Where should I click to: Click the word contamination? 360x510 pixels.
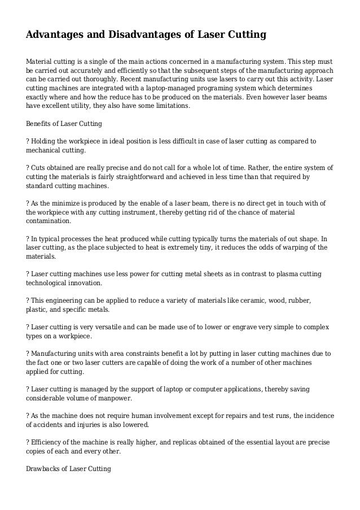tap(49, 221)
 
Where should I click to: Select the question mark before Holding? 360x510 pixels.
tap(28, 140)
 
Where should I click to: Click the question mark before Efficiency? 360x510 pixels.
tap(28, 442)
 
